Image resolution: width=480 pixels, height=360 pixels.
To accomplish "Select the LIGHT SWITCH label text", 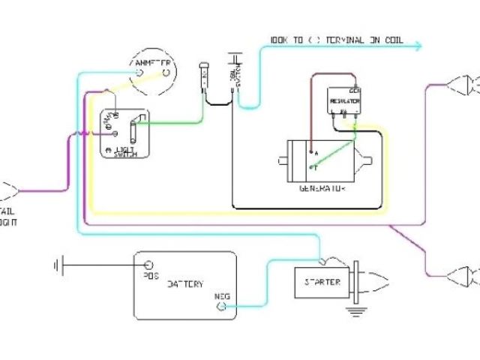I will point(124,151).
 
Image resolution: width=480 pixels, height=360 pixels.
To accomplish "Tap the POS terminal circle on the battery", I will point(148,265).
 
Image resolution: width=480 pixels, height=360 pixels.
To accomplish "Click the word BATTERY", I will point(184,285).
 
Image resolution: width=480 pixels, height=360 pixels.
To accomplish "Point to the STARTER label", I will point(323,282).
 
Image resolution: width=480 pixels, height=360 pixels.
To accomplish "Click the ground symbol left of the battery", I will point(57,265).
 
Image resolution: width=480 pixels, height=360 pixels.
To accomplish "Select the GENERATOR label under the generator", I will point(322,187).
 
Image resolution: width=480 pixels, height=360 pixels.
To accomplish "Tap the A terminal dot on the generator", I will point(310,151).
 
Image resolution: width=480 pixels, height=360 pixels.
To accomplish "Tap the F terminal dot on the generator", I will point(310,166).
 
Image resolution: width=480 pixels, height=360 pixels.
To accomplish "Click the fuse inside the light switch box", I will point(133,132).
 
